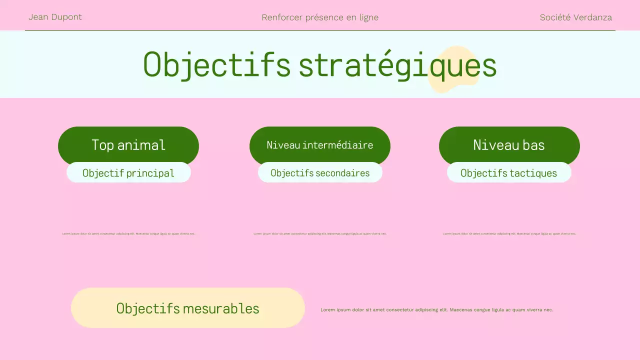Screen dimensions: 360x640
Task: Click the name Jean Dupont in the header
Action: pyautogui.click(x=55, y=17)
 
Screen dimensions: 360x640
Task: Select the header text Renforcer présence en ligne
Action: pyautogui.click(x=320, y=17)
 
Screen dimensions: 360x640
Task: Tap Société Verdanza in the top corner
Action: pyautogui.click(x=575, y=17)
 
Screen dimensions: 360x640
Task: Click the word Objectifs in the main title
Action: pyautogui.click(x=216, y=65)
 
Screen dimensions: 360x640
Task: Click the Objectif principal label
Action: pyautogui.click(x=128, y=173)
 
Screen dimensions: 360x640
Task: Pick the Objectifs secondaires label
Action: pyautogui.click(x=320, y=173)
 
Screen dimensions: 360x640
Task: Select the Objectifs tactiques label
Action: pyautogui.click(x=508, y=173)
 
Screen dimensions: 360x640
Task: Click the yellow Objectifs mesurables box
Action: pyautogui.click(x=187, y=308)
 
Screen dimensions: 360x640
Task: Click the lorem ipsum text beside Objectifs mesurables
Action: pyautogui.click(x=436, y=310)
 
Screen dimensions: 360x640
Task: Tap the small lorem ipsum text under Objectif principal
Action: pyautogui.click(x=128, y=233)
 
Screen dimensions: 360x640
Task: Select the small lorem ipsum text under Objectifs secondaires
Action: pyautogui.click(x=320, y=233)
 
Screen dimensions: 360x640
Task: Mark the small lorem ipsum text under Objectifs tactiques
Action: pyautogui.click(x=509, y=233)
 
